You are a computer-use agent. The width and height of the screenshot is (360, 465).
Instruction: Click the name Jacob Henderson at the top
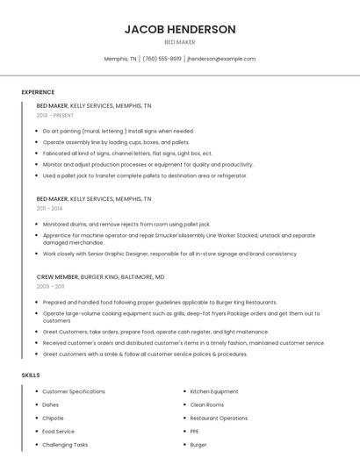pyautogui.click(x=180, y=29)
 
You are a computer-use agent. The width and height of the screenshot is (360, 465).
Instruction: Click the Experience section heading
pyautogui.click(x=38, y=92)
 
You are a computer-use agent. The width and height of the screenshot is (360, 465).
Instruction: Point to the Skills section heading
pyautogui.click(x=31, y=376)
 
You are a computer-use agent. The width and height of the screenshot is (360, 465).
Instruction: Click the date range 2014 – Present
pyautogui.click(x=55, y=115)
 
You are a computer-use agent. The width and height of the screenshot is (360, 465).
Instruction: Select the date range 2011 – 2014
pyautogui.click(x=49, y=209)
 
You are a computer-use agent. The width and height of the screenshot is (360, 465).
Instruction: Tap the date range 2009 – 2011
pyautogui.click(x=50, y=286)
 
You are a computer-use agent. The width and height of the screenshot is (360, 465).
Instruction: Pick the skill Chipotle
pyautogui.click(x=53, y=418)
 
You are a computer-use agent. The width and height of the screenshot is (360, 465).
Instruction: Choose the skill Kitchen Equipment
pyautogui.click(x=213, y=391)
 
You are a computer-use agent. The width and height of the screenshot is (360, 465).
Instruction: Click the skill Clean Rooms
pyautogui.click(x=206, y=404)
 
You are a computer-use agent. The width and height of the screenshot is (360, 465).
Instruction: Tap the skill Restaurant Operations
pyautogui.click(x=219, y=418)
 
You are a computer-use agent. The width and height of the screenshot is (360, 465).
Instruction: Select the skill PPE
pyautogui.click(x=195, y=432)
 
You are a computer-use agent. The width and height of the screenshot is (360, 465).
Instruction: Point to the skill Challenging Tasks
pyautogui.click(x=65, y=445)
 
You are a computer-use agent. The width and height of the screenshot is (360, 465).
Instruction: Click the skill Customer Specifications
pyautogui.click(x=74, y=391)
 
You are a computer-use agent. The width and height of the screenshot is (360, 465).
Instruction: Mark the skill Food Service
pyautogui.click(x=58, y=432)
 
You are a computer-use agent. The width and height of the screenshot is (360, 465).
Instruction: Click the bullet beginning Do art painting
pyautogui.click(x=118, y=131)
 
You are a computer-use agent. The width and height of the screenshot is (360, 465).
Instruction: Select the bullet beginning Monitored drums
pyautogui.click(x=126, y=225)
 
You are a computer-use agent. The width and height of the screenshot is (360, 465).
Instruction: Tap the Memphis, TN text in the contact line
pyautogui.click(x=120, y=59)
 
